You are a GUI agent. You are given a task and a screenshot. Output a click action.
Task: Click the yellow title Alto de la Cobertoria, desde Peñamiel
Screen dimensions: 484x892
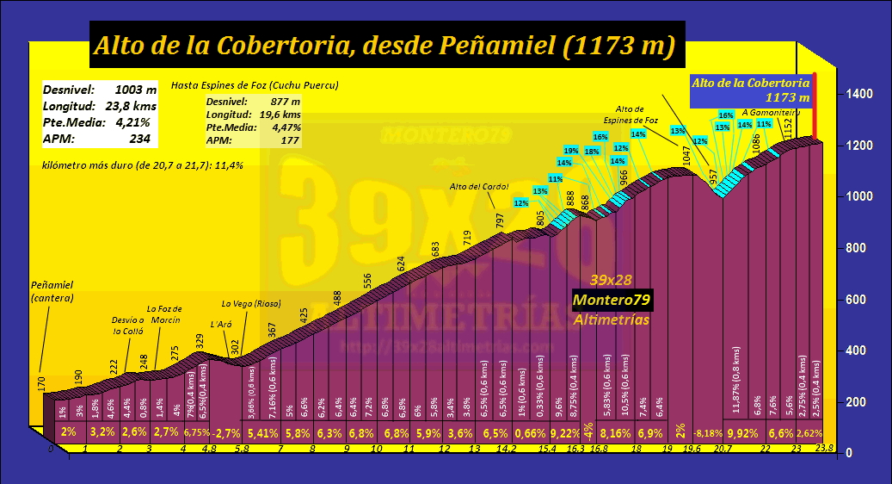pyautogui.click(x=384, y=46)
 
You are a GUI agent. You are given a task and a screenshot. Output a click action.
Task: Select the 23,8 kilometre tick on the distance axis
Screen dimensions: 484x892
pyautogui.click(x=825, y=447)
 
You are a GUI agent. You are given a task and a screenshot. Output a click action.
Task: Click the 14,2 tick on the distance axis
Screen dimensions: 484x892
pyautogui.click(x=508, y=448)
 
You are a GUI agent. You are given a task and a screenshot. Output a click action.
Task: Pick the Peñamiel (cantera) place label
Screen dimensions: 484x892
pyautogui.click(x=52, y=290)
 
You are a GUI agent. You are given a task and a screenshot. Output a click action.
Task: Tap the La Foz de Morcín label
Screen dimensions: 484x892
pyautogui.click(x=163, y=313)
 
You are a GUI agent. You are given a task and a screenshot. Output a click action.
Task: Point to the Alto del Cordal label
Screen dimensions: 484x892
pyautogui.click(x=479, y=186)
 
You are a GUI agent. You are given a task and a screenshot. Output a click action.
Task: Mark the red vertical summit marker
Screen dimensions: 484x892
pyautogui.click(x=815, y=108)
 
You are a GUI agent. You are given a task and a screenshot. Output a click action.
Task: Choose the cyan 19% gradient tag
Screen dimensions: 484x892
pyautogui.click(x=570, y=151)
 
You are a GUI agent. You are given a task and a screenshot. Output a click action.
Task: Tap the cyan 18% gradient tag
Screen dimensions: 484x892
pyautogui.click(x=592, y=151)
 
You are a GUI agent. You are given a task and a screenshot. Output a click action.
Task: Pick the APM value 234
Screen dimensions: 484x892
pyautogui.click(x=139, y=138)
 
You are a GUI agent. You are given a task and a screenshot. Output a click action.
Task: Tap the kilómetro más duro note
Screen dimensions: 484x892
pyautogui.click(x=142, y=164)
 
